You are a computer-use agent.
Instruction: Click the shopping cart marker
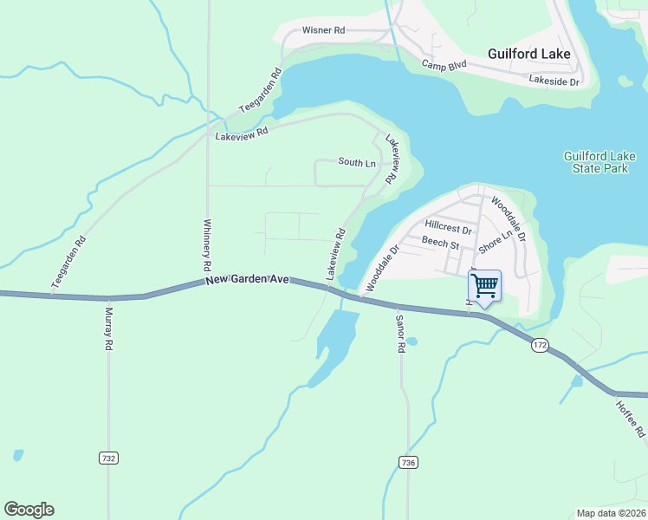coord(484,285)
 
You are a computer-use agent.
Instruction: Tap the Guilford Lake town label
coord(528,54)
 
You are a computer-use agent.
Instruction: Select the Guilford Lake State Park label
coord(599,162)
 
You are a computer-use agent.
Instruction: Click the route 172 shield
coord(541,345)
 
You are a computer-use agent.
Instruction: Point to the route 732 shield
coord(108,458)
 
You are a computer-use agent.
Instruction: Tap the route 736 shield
coord(408,463)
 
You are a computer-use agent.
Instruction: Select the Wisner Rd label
coord(323,30)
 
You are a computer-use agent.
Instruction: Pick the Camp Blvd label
coord(444,65)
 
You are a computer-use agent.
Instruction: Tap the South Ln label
coord(357,163)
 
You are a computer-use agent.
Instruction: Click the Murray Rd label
coord(109,328)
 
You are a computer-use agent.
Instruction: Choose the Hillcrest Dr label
coord(448,231)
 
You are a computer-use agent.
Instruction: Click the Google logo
coord(29,510)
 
